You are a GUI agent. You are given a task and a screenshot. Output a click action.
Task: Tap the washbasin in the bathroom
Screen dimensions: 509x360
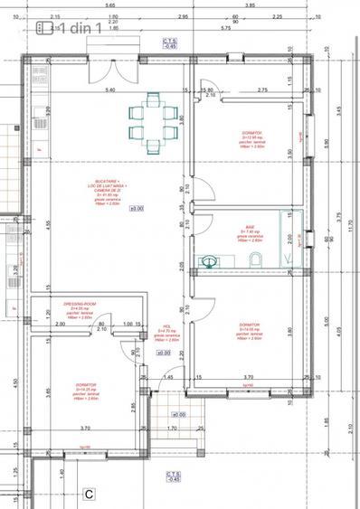pos(210,261)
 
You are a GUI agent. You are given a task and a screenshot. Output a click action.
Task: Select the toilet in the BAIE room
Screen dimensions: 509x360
pos(256,260)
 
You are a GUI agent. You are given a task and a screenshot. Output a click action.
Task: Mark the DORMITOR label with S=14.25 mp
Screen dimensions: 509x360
pos(87,390)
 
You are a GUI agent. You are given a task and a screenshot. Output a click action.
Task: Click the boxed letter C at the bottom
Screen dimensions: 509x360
pos(90,495)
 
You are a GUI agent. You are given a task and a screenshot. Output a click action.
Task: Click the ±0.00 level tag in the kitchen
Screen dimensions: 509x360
pos(137,209)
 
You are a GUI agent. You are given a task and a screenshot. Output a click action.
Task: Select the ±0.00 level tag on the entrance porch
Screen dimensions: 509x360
pos(177,415)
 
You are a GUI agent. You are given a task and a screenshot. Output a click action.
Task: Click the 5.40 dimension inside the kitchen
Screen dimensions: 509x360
pos(111,91)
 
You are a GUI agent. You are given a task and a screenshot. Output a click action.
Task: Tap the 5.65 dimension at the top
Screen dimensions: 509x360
pos(109,5)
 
